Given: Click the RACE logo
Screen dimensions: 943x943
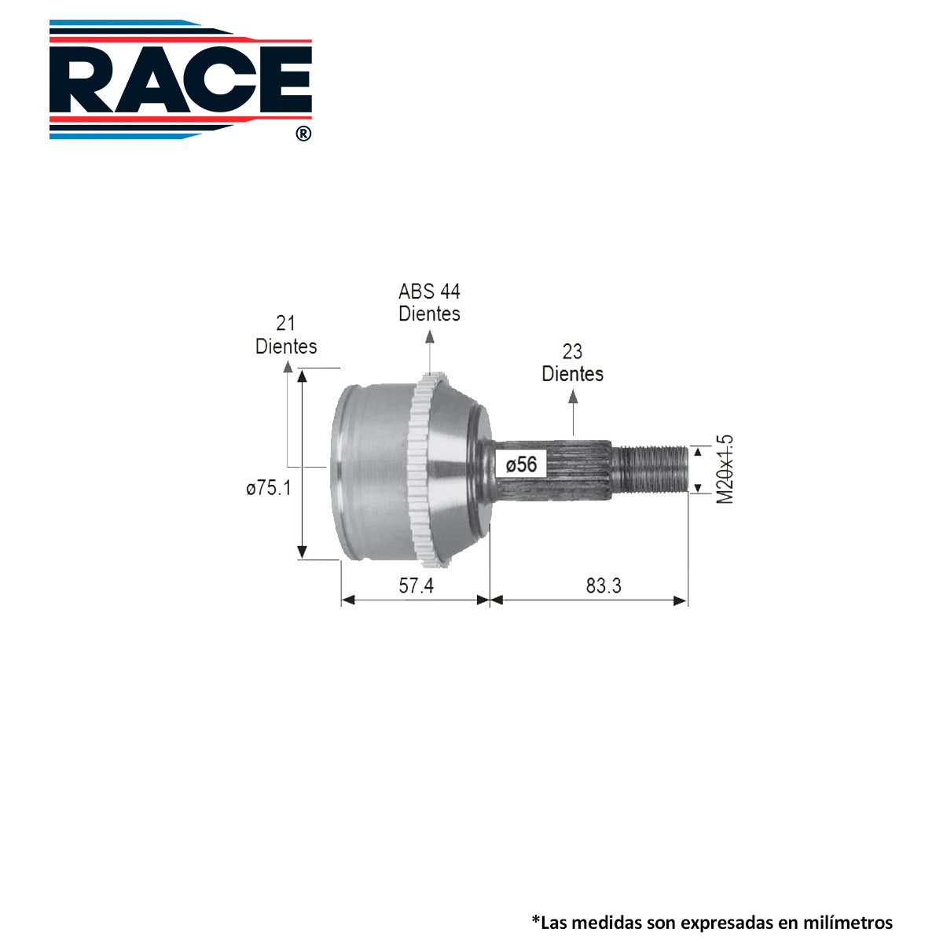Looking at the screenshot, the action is [x=181, y=79].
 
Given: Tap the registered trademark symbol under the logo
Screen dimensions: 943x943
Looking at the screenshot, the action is [x=303, y=134].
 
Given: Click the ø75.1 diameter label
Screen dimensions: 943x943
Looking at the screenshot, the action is [x=269, y=488].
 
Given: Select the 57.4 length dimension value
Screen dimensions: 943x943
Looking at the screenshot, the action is [x=416, y=585].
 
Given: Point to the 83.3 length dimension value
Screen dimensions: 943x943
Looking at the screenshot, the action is [x=604, y=585].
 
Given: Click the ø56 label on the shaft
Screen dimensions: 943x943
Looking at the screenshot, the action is [x=521, y=464].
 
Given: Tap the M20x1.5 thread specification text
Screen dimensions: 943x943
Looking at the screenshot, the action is [x=725, y=469].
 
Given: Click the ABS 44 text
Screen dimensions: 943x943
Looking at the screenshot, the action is [x=429, y=292].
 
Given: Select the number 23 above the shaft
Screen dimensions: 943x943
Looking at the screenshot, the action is [x=572, y=352].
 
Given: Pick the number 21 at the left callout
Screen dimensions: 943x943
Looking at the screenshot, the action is [x=286, y=324].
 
